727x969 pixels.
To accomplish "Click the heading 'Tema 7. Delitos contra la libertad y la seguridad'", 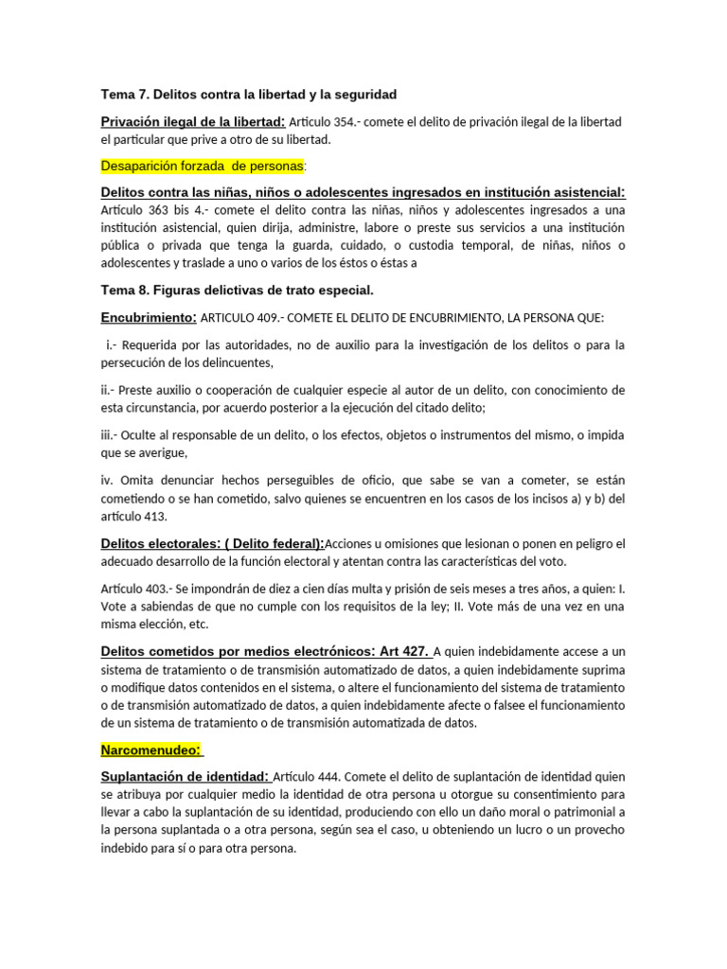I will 249,95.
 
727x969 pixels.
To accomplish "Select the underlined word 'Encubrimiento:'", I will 149,317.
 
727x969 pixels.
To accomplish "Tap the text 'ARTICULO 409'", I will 239,318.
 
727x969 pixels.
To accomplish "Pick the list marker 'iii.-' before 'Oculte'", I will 112,434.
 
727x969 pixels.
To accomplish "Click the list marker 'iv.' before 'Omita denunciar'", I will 108,480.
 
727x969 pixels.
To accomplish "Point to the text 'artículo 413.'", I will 134,516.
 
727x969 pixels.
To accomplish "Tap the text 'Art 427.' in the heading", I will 404,651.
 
